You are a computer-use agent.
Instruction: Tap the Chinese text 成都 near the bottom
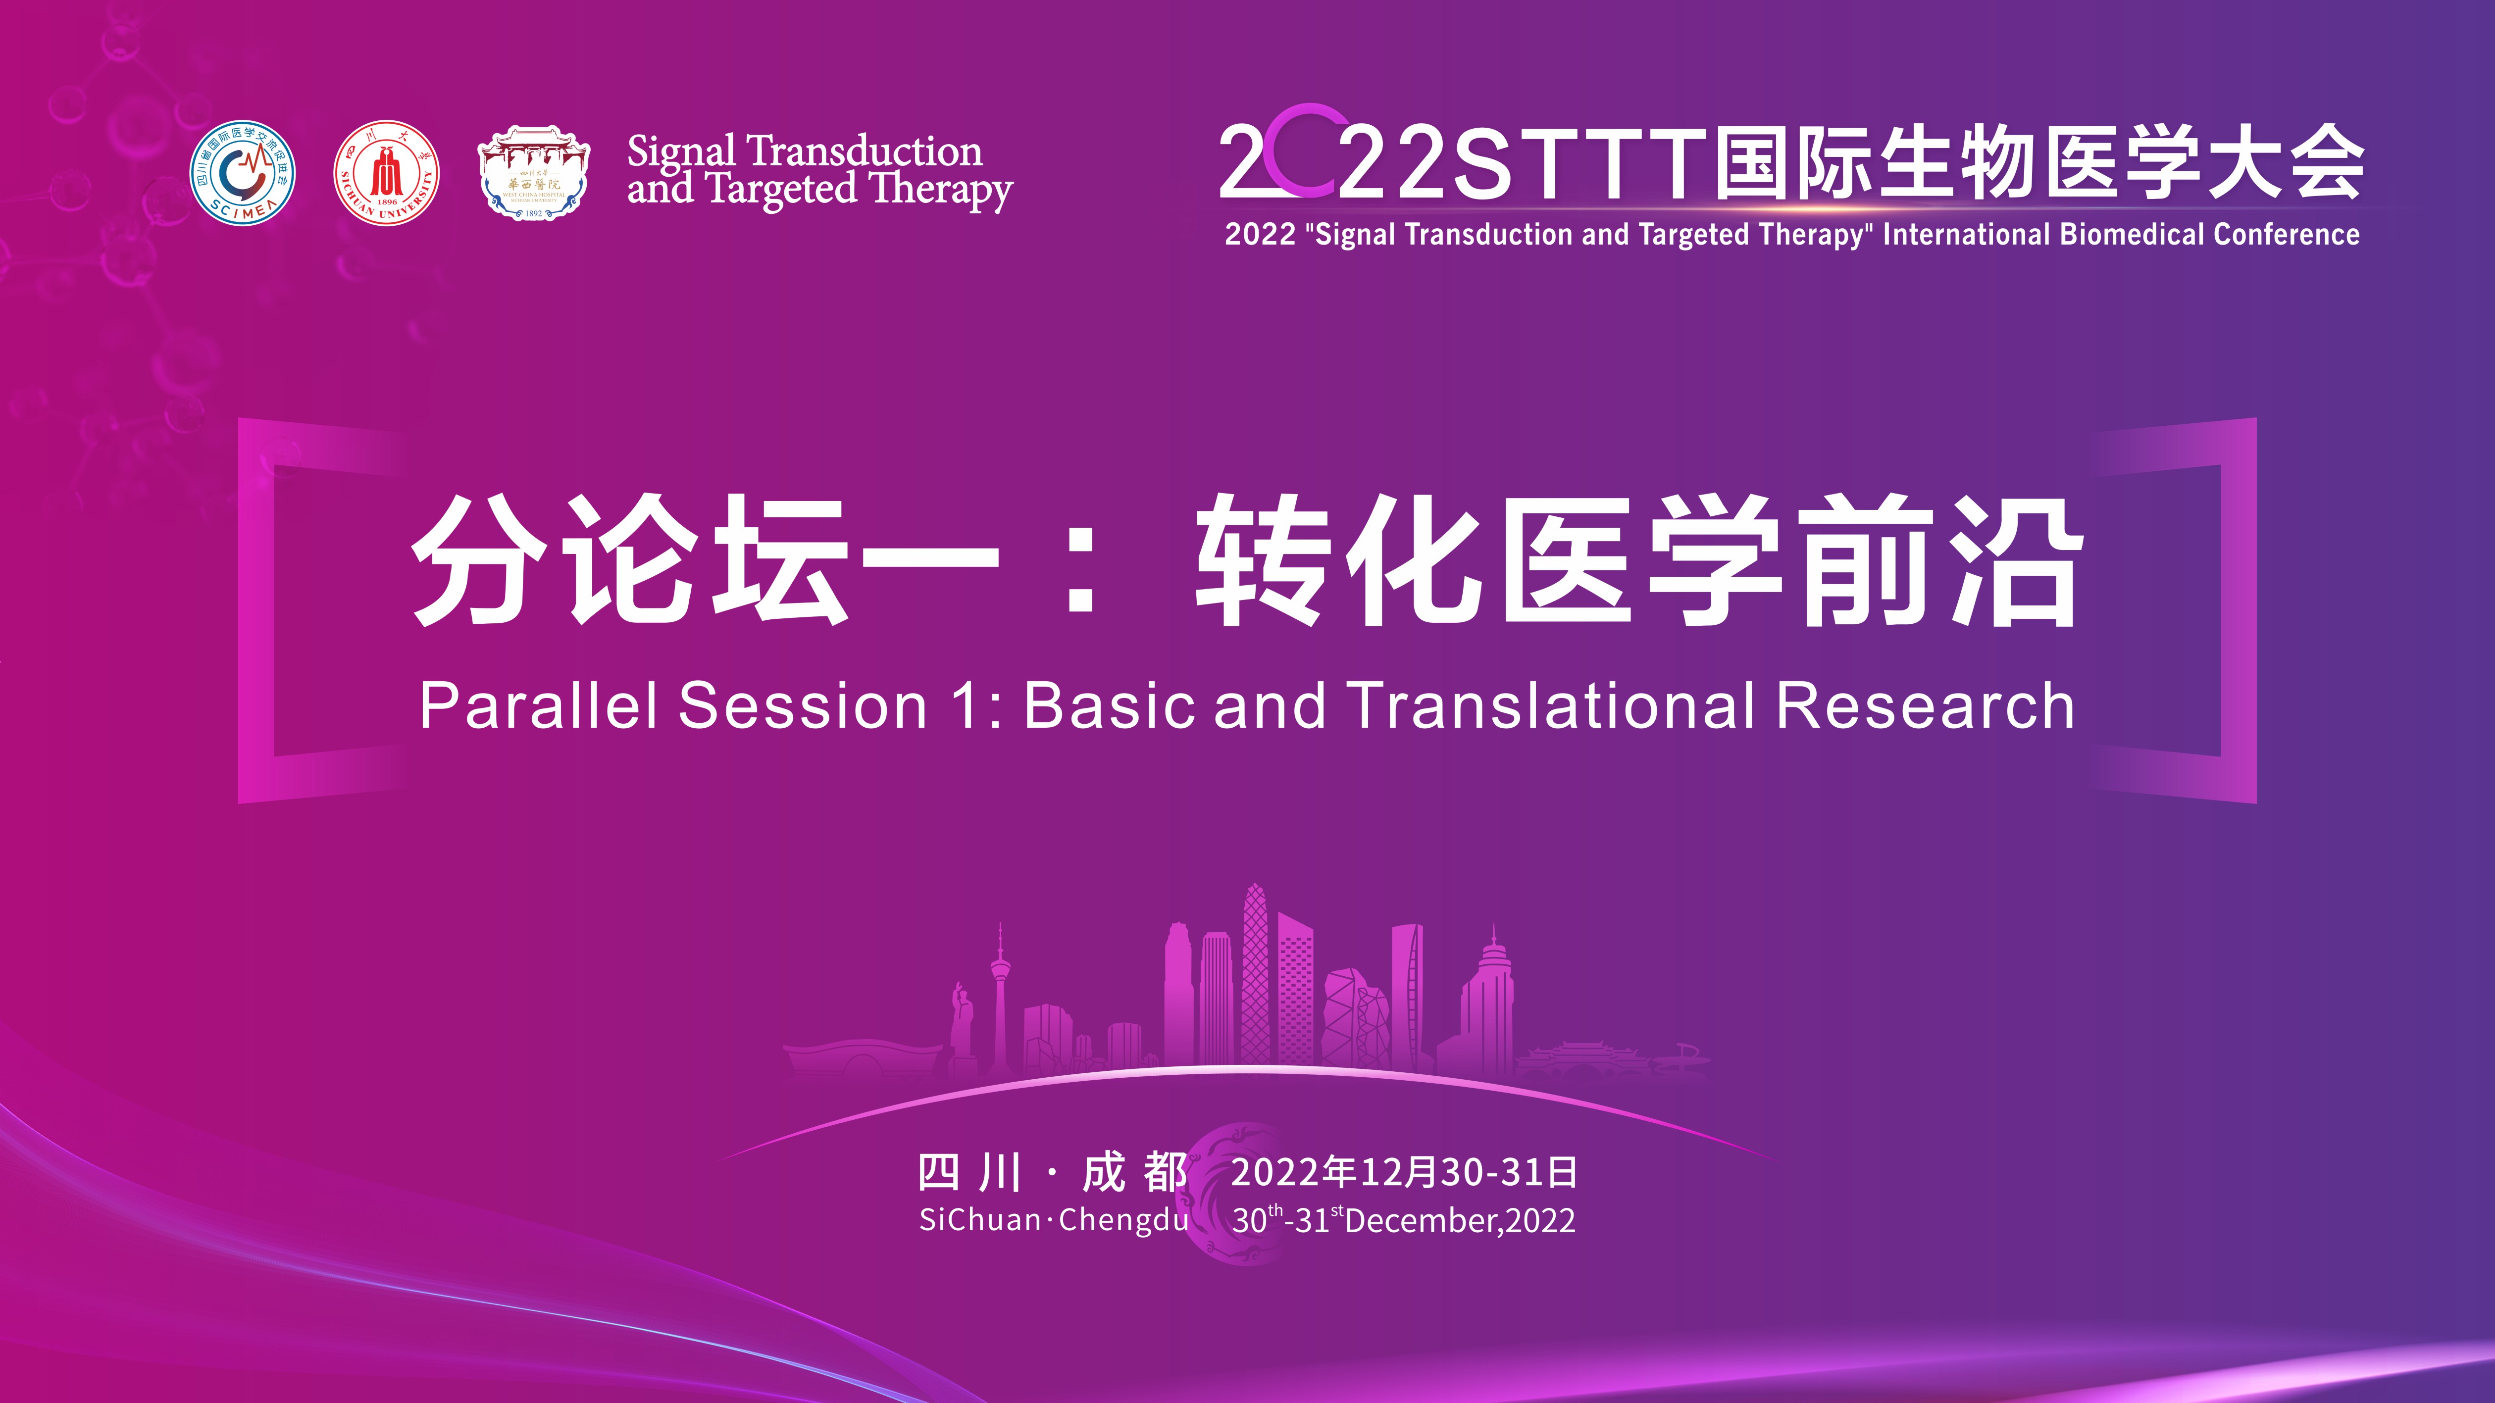(x=1134, y=1173)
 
